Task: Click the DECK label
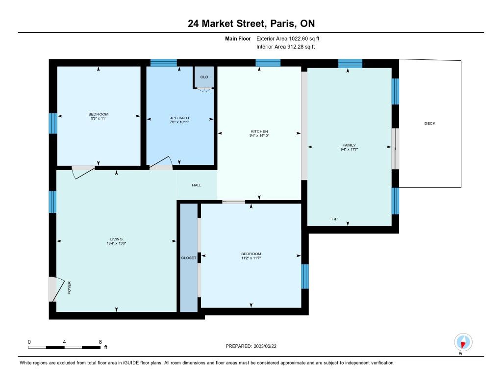(x=429, y=123)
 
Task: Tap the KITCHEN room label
(x=259, y=131)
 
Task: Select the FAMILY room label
(x=349, y=145)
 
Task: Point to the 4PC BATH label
(x=179, y=118)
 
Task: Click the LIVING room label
(x=116, y=239)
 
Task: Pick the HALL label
(x=197, y=185)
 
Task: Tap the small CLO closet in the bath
(x=204, y=77)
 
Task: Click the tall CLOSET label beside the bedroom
(x=189, y=258)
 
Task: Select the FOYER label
(x=70, y=288)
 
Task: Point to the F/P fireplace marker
(x=334, y=219)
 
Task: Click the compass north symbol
(x=463, y=342)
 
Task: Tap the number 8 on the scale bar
(x=100, y=342)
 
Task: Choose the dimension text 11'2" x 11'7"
(x=251, y=258)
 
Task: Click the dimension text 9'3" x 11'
(x=98, y=118)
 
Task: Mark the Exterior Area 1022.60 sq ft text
(x=288, y=39)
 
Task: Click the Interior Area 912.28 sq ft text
(x=286, y=47)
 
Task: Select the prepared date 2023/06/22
(x=265, y=346)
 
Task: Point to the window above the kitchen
(x=268, y=63)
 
